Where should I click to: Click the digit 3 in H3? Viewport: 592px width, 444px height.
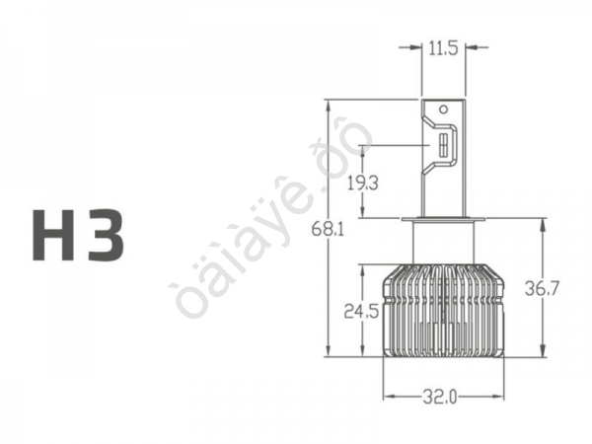tap(106, 235)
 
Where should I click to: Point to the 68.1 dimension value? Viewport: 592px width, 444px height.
tap(328, 229)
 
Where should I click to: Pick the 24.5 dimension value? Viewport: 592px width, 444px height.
tap(361, 311)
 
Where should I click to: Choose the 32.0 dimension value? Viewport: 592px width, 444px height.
tap(441, 397)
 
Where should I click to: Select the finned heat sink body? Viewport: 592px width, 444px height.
tap(443, 311)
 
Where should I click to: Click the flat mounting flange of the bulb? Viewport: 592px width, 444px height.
tap(443, 219)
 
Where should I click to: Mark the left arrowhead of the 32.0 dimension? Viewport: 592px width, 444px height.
tap(387, 397)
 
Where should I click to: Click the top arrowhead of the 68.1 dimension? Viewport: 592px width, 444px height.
tap(328, 104)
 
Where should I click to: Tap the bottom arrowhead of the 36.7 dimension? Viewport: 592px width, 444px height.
tap(543, 352)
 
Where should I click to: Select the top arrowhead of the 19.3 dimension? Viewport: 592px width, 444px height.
tap(363, 149)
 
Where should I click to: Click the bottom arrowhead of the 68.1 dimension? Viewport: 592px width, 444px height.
tap(328, 352)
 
